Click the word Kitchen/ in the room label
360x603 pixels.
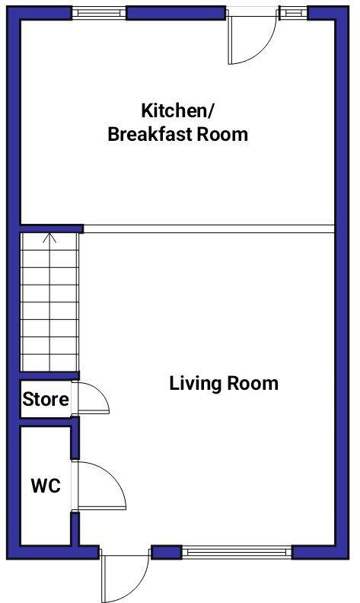click(x=177, y=110)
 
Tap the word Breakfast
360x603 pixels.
click(x=145, y=135)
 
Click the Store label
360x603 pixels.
click(x=46, y=399)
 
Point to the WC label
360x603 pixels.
click(x=45, y=486)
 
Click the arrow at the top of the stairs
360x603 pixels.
click(x=49, y=238)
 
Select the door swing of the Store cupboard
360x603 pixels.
click(x=91, y=397)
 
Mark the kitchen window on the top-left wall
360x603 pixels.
click(x=99, y=13)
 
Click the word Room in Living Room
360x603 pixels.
click(x=255, y=383)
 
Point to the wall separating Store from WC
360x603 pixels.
click(x=46, y=422)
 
